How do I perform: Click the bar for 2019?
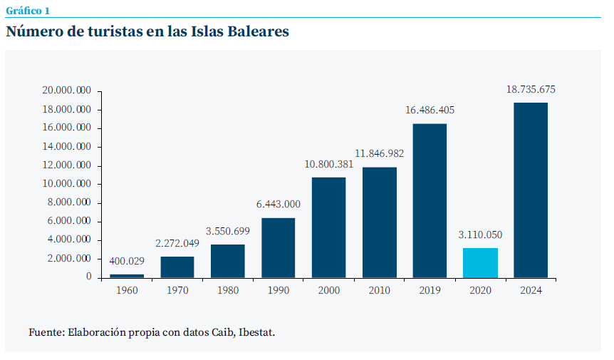(430, 200)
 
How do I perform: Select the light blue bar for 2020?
(480, 262)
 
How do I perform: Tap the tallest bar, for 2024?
(531, 190)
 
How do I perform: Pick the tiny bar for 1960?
(127, 275)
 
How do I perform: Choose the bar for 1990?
(278, 247)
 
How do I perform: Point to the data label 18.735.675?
(531, 90)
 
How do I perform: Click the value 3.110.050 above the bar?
(480, 235)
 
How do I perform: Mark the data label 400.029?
(127, 262)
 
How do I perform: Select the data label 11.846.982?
(379, 154)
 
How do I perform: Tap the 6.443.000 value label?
(278, 205)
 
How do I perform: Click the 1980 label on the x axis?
(227, 290)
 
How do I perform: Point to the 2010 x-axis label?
(379, 290)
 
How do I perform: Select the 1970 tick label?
(177, 290)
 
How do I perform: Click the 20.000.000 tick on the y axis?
(66, 91)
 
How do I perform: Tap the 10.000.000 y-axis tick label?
(66, 184)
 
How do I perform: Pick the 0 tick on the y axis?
(88, 277)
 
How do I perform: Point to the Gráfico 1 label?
(28, 11)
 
